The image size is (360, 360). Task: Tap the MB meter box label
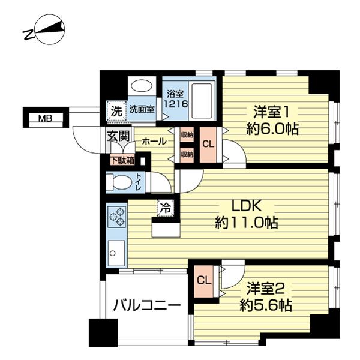(x=45, y=118)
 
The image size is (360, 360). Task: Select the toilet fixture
(x=119, y=182)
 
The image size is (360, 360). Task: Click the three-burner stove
(x=117, y=217)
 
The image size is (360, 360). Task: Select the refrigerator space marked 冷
(x=166, y=208)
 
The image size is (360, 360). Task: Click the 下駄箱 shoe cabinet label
(x=122, y=160)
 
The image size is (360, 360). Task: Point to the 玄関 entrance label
(x=118, y=136)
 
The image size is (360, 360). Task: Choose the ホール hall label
(x=154, y=141)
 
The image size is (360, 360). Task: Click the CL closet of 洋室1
(x=208, y=145)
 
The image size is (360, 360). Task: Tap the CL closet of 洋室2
(x=204, y=281)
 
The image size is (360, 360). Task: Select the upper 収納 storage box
(x=187, y=135)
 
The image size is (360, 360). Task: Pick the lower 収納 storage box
(x=187, y=155)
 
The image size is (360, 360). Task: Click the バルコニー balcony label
(x=147, y=305)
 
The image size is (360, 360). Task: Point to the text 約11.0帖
(x=247, y=222)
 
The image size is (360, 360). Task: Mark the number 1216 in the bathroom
(x=176, y=104)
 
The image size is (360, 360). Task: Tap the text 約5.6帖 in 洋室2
(x=266, y=306)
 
